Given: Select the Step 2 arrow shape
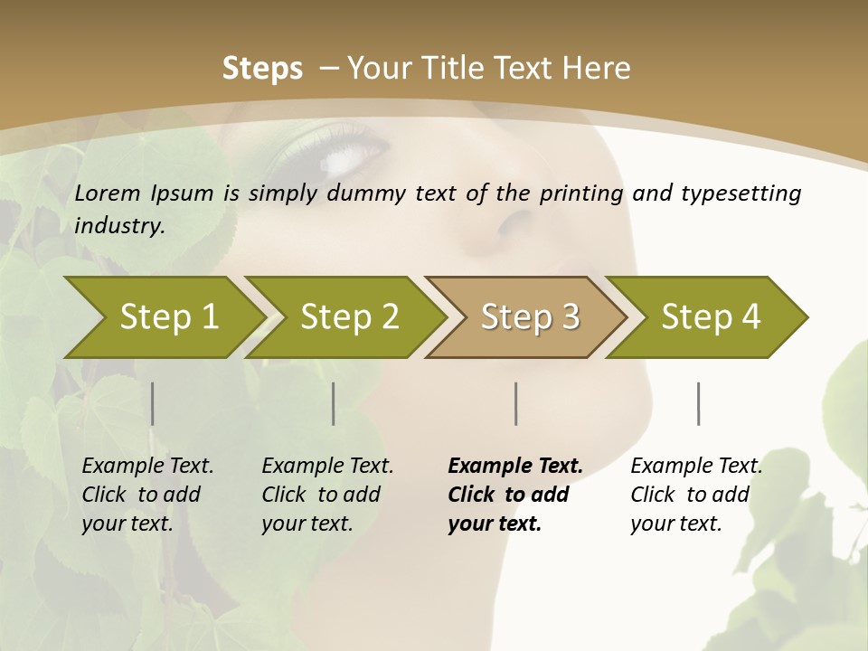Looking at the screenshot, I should [344, 317].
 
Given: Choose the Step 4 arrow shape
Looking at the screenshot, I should [707, 317].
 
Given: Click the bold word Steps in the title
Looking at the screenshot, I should [262, 69].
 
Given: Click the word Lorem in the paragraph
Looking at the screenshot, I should [108, 193].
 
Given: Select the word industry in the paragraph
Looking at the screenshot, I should [119, 226].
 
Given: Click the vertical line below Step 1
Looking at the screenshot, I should [153, 403].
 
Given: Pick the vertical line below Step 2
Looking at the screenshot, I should [334, 403].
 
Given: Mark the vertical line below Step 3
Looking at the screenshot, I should [516, 403].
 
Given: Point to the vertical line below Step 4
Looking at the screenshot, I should [699, 403].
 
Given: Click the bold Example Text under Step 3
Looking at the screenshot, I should [515, 467].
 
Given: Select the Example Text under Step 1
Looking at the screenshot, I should [147, 467].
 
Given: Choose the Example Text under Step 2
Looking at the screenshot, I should [327, 467].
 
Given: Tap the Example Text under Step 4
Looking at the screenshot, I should [696, 467].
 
